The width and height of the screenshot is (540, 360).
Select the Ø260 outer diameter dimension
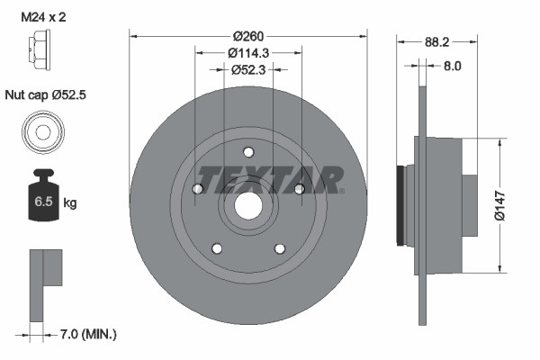249,37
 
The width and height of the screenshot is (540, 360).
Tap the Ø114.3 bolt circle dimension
248,53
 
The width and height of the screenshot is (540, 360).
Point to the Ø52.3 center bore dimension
248,69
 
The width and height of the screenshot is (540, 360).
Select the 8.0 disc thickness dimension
452,65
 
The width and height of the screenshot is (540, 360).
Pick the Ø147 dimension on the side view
509,205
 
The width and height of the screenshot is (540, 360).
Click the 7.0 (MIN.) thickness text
86,334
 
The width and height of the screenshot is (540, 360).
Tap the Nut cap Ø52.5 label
44,93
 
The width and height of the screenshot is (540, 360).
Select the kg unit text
70,203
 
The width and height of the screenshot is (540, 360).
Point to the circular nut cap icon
41,132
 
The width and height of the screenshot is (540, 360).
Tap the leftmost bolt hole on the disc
198,188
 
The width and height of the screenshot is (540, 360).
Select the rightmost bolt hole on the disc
299,188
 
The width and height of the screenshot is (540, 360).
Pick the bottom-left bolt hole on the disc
217,247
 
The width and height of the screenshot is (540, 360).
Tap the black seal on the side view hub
400,204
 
